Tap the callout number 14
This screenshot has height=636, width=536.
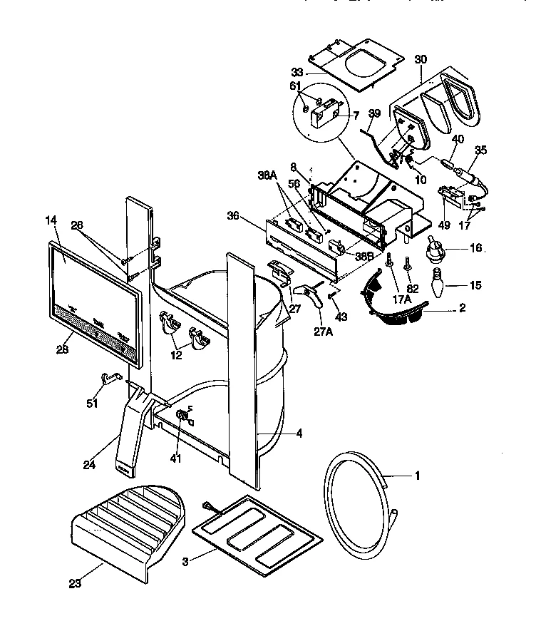(51, 221)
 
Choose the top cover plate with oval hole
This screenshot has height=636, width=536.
(354, 64)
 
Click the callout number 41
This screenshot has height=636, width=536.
(176, 458)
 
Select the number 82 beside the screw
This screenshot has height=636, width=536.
(413, 288)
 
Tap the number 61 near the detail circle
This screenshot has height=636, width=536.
(294, 86)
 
